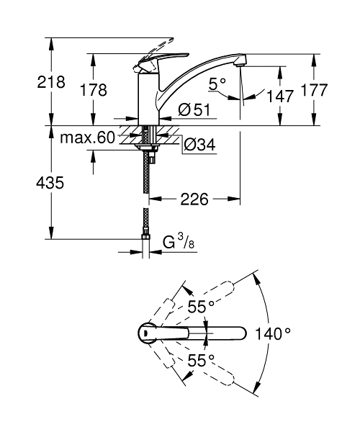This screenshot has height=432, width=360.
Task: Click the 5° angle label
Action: pos(217,84)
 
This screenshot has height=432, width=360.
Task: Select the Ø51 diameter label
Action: pos(192,110)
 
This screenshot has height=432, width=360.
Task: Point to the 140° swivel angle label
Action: pos(273,333)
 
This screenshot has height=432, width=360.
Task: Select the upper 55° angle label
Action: pos(202,307)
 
